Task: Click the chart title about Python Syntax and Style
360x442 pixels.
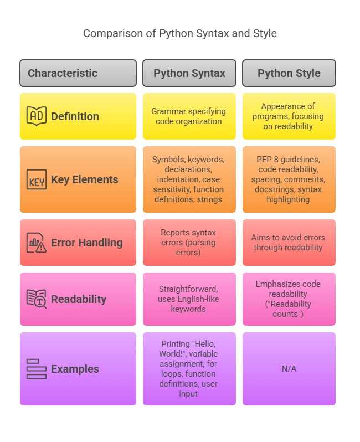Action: point(180,34)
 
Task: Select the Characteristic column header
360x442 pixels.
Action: point(78,73)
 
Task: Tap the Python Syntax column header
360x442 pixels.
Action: point(189,73)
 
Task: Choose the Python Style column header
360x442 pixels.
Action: point(289,73)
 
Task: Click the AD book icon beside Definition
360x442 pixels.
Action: point(37,116)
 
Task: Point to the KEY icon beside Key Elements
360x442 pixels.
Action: point(37,179)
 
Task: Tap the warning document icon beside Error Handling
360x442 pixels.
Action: point(37,243)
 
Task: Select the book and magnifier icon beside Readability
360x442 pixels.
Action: point(37,299)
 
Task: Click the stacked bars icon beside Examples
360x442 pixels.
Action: point(37,369)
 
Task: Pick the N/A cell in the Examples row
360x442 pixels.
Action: point(289,369)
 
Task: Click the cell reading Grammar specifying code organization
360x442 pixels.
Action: point(189,116)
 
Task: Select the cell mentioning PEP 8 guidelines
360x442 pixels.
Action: point(289,179)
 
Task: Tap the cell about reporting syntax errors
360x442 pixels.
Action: point(189,243)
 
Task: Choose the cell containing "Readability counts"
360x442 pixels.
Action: point(289,299)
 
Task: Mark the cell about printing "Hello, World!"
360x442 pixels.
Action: point(189,369)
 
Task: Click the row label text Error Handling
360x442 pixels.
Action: point(86,243)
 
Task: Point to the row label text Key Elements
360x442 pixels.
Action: point(84,179)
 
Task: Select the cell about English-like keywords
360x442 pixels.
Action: point(189,299)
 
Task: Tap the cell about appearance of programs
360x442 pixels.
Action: point(289,116)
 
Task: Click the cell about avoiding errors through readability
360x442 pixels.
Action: point(289,243)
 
